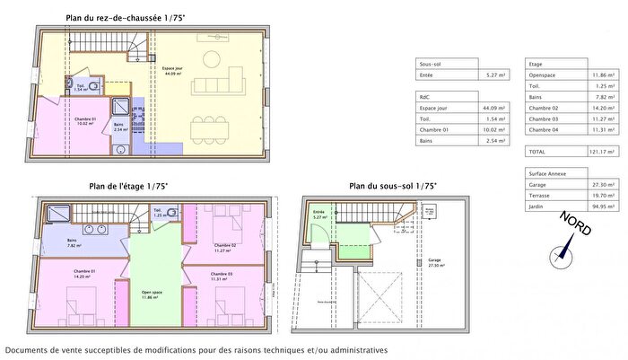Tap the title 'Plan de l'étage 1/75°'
point(128,187)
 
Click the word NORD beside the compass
point(575,224)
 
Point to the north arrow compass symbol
point(561,253)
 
